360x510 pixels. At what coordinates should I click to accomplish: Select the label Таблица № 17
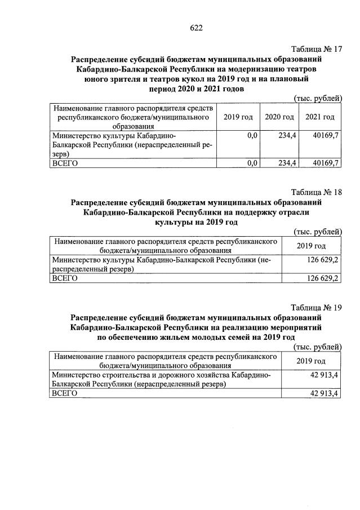317,49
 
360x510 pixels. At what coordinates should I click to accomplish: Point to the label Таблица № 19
317,307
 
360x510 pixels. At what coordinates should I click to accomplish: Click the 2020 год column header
279,117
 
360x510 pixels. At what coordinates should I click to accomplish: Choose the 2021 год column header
320,117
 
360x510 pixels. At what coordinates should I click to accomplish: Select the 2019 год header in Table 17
238,117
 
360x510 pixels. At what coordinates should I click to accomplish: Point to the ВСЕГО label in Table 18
64,278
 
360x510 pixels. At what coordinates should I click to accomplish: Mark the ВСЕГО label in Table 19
64,393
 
